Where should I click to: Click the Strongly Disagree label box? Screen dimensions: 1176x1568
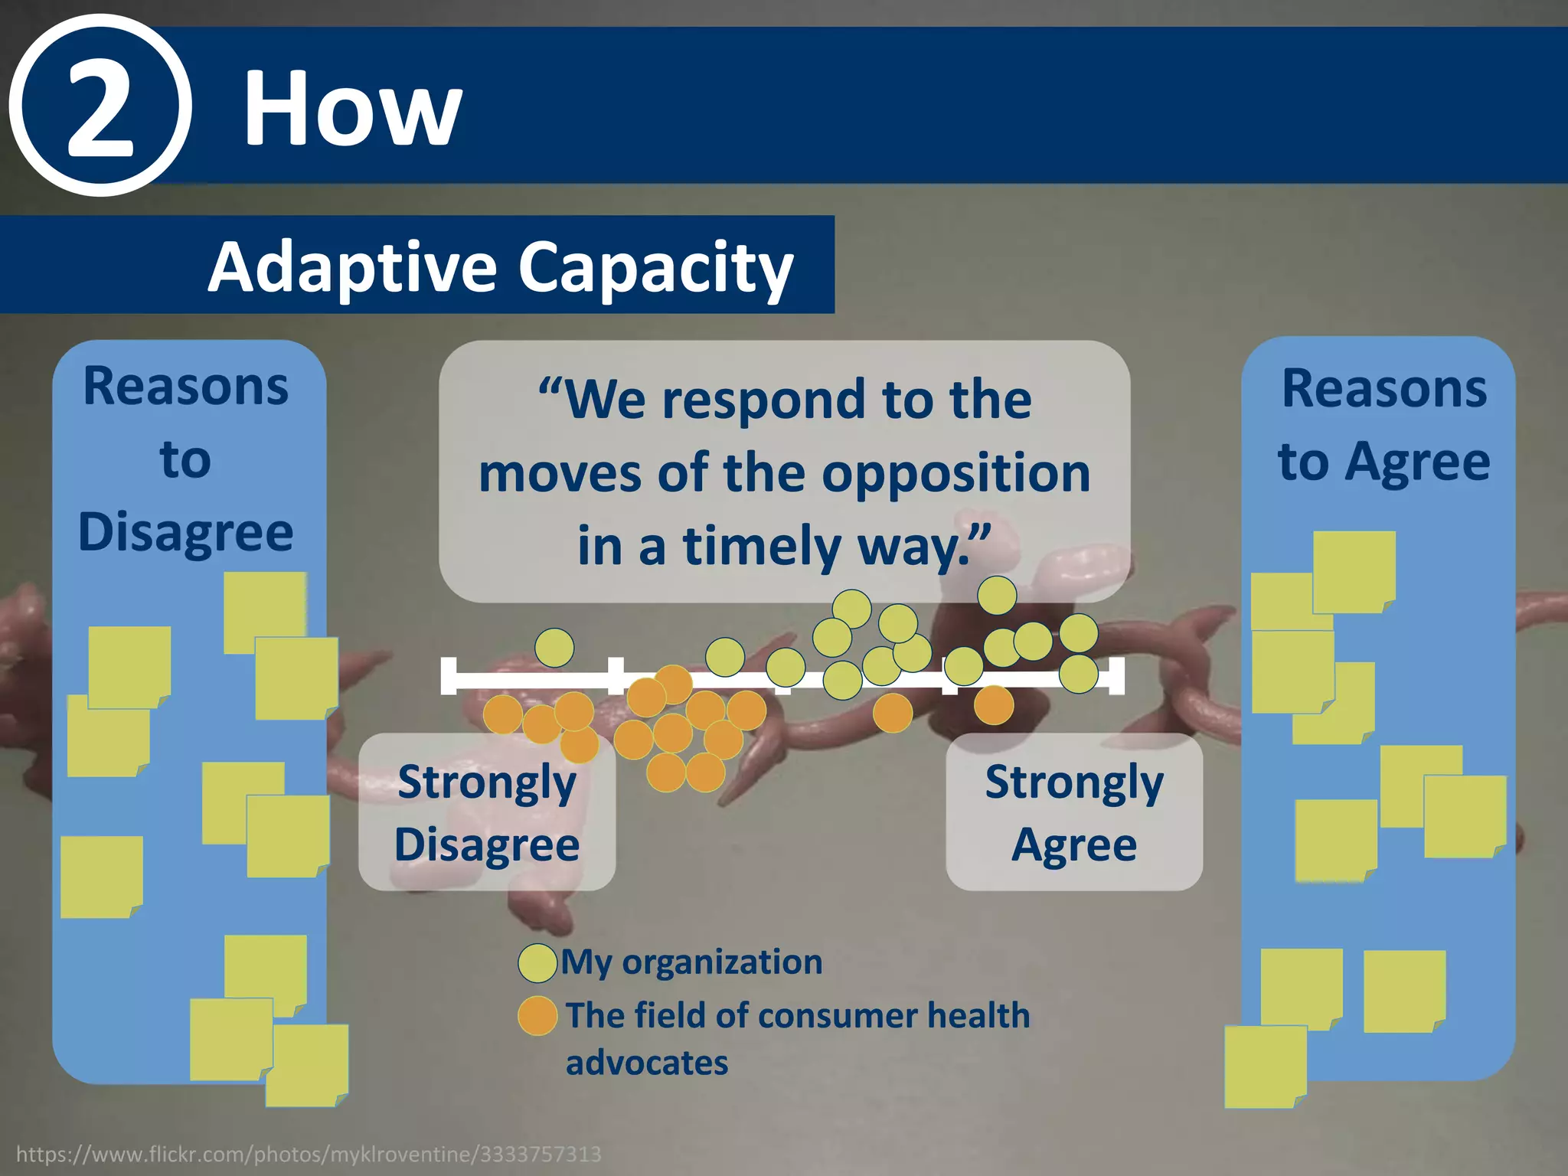tap(487, 812)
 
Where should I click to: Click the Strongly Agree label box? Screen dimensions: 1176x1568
tap(1074, 812)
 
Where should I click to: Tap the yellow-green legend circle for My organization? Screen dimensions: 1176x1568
tap(537, 963)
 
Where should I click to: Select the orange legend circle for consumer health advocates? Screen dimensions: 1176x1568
tap(537, 1016)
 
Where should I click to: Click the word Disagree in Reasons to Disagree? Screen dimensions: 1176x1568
tap(186, 532)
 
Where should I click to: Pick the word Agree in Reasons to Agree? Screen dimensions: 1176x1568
tap(1419, 462)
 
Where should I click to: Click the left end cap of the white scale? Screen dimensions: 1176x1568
tap(449, 676)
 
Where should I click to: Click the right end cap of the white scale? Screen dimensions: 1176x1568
tap(1117, 676)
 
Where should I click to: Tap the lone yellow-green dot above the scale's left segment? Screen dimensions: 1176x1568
tap(554, 648)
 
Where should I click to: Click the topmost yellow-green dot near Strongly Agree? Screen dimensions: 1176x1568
tap(997, 595)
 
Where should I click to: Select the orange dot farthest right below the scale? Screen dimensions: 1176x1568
tap(994, 705)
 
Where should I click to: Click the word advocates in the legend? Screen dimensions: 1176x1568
tap(647, 1063)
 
